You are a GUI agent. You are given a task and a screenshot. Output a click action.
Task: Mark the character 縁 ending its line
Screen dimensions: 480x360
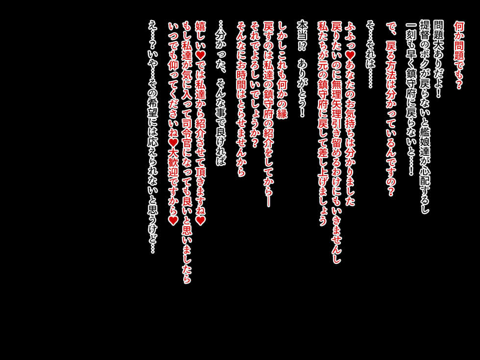pyautogui.click(x=282, y=113)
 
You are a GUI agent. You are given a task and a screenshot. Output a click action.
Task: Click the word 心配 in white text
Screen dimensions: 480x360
pyautogui.click(x=424, y=178)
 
